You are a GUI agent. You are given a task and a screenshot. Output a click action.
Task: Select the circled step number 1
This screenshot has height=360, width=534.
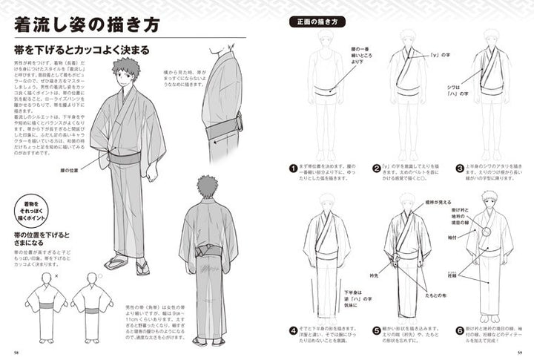coord(294,168)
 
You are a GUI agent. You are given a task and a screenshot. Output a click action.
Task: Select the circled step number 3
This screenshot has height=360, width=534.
coord(461,168)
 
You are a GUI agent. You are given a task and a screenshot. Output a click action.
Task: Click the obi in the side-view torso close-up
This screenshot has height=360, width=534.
coord(222,129)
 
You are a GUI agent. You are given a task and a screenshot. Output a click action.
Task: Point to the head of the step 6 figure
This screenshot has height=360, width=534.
coord(489,200)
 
